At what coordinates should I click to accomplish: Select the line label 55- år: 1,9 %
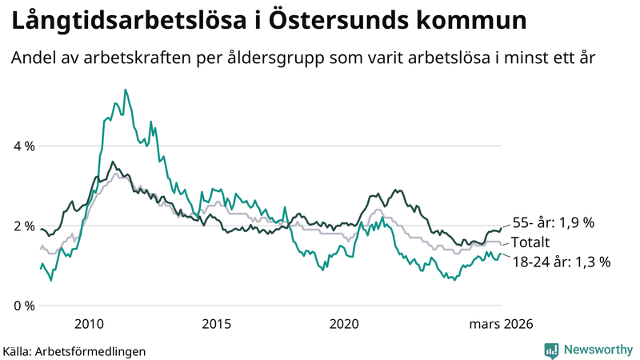click(552, 223)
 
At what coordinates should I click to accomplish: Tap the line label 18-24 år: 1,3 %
click(560, 261)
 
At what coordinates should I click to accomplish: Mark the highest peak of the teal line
click(125, 90)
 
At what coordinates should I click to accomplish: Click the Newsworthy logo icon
click(552, 350)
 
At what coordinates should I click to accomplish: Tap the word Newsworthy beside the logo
click(598, 350)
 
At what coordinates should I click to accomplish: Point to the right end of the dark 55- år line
click(501, 229)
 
